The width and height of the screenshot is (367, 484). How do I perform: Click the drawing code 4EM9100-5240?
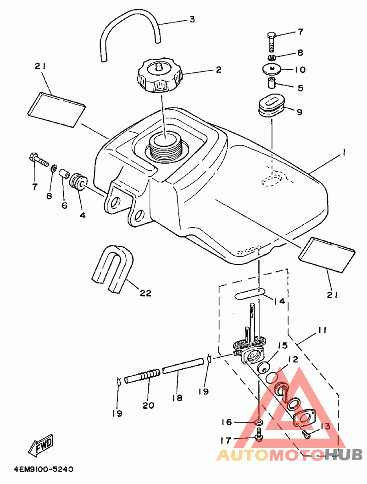43,470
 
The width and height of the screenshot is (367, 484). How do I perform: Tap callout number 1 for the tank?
343,152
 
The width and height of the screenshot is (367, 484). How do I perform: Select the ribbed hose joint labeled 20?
142,376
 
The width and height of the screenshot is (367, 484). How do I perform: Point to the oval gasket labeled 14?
250,293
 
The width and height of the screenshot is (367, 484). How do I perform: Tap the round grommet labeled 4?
78,182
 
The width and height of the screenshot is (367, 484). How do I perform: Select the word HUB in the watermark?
345,454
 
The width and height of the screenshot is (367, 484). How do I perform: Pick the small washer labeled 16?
259,422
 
